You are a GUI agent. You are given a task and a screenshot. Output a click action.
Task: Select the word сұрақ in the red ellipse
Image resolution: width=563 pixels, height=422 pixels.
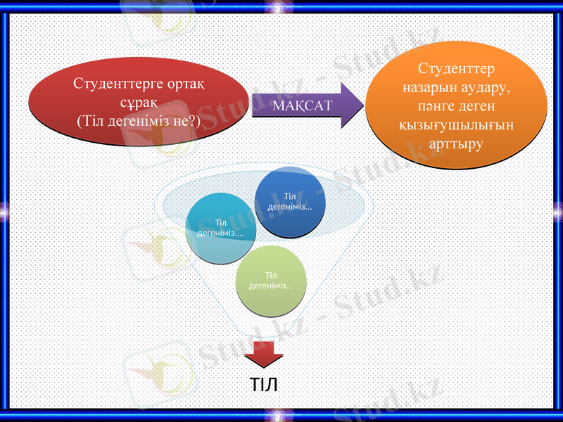(138, 103)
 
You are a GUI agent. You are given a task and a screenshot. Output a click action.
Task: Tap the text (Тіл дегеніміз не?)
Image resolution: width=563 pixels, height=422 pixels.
(138, 120)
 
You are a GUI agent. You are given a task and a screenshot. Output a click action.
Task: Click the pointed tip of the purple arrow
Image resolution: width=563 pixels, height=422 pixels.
(362, 105)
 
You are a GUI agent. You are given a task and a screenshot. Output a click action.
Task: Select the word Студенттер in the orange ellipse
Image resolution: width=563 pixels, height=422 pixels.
(456, 70)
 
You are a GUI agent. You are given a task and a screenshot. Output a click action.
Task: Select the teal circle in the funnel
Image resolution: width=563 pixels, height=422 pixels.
(220, 228)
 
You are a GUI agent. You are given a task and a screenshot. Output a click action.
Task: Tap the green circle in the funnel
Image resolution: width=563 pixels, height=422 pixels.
(271, 280)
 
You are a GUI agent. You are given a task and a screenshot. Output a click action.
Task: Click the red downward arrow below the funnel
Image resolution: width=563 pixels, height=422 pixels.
(263, 353)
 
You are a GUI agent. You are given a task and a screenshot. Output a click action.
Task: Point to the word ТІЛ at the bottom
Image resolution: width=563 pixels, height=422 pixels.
(264, 385)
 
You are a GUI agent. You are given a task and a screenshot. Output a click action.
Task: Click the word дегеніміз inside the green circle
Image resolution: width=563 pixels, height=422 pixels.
(271, 286)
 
